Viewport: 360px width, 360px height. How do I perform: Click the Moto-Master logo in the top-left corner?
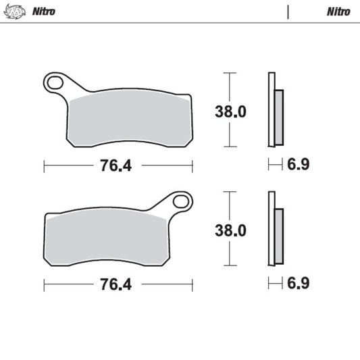(x=16, y=11)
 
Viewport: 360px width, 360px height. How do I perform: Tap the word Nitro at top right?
(x=338, y=11)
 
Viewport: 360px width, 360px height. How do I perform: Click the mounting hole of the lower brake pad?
(x=180, y=201)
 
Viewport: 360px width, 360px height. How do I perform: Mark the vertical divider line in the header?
(x=288, y=11)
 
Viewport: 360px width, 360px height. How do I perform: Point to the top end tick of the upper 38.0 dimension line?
(x=230, y=72)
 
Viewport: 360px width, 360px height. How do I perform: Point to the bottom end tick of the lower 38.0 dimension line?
(x=230, y=267)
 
